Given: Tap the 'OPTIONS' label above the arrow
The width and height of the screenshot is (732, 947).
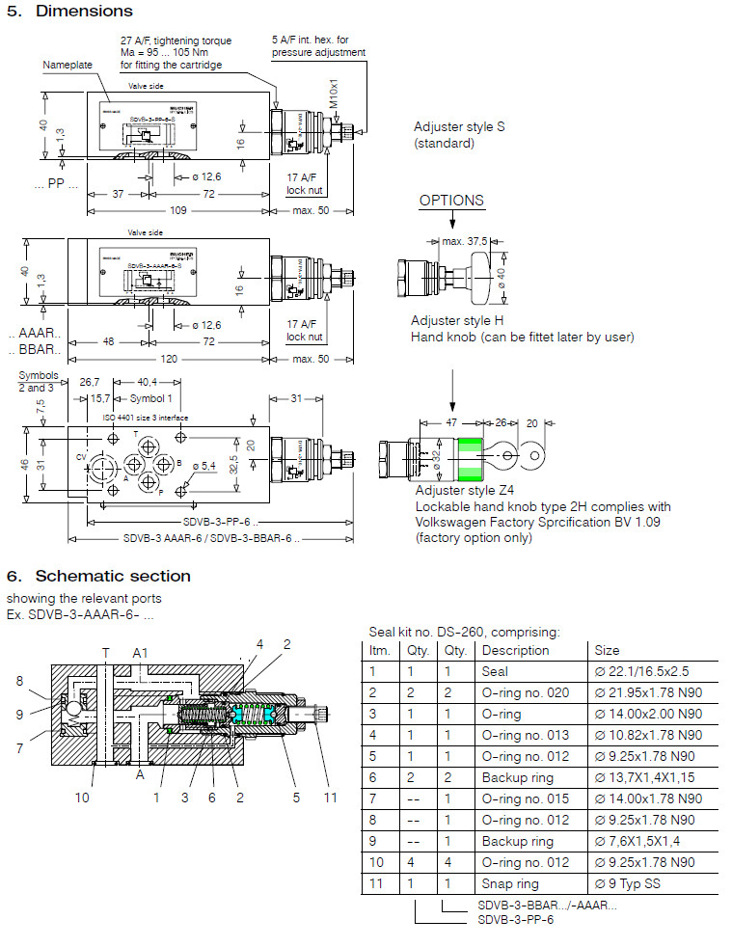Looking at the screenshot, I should pyautogui.click(x=451, y=201).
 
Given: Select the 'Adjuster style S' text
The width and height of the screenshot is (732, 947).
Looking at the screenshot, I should pyautogui.click(x=459, y=127).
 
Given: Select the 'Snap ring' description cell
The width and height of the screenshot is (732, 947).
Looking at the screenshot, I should pyautogui.click(x=505, y=883).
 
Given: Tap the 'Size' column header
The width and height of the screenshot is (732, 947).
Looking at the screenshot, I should pyautogui.click(x=607, y=650).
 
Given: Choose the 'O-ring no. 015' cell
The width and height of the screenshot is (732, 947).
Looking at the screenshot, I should pyautogui.click(x=521, y=798).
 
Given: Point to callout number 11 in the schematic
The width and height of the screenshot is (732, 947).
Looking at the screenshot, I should pyautogui.click(x=331, y=797).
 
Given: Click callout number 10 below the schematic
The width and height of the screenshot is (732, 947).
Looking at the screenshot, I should pyautogui.click(x=82, y=797).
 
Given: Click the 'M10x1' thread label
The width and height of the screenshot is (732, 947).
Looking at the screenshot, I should pyautogui.click(x=334, y=92).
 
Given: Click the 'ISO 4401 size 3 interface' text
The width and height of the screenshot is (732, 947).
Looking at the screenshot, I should pyautogui.click(x=146, y=417).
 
